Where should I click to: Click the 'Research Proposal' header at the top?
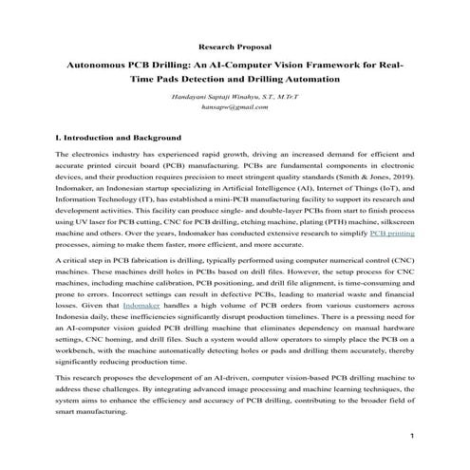235,46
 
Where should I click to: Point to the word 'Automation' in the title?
306,79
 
